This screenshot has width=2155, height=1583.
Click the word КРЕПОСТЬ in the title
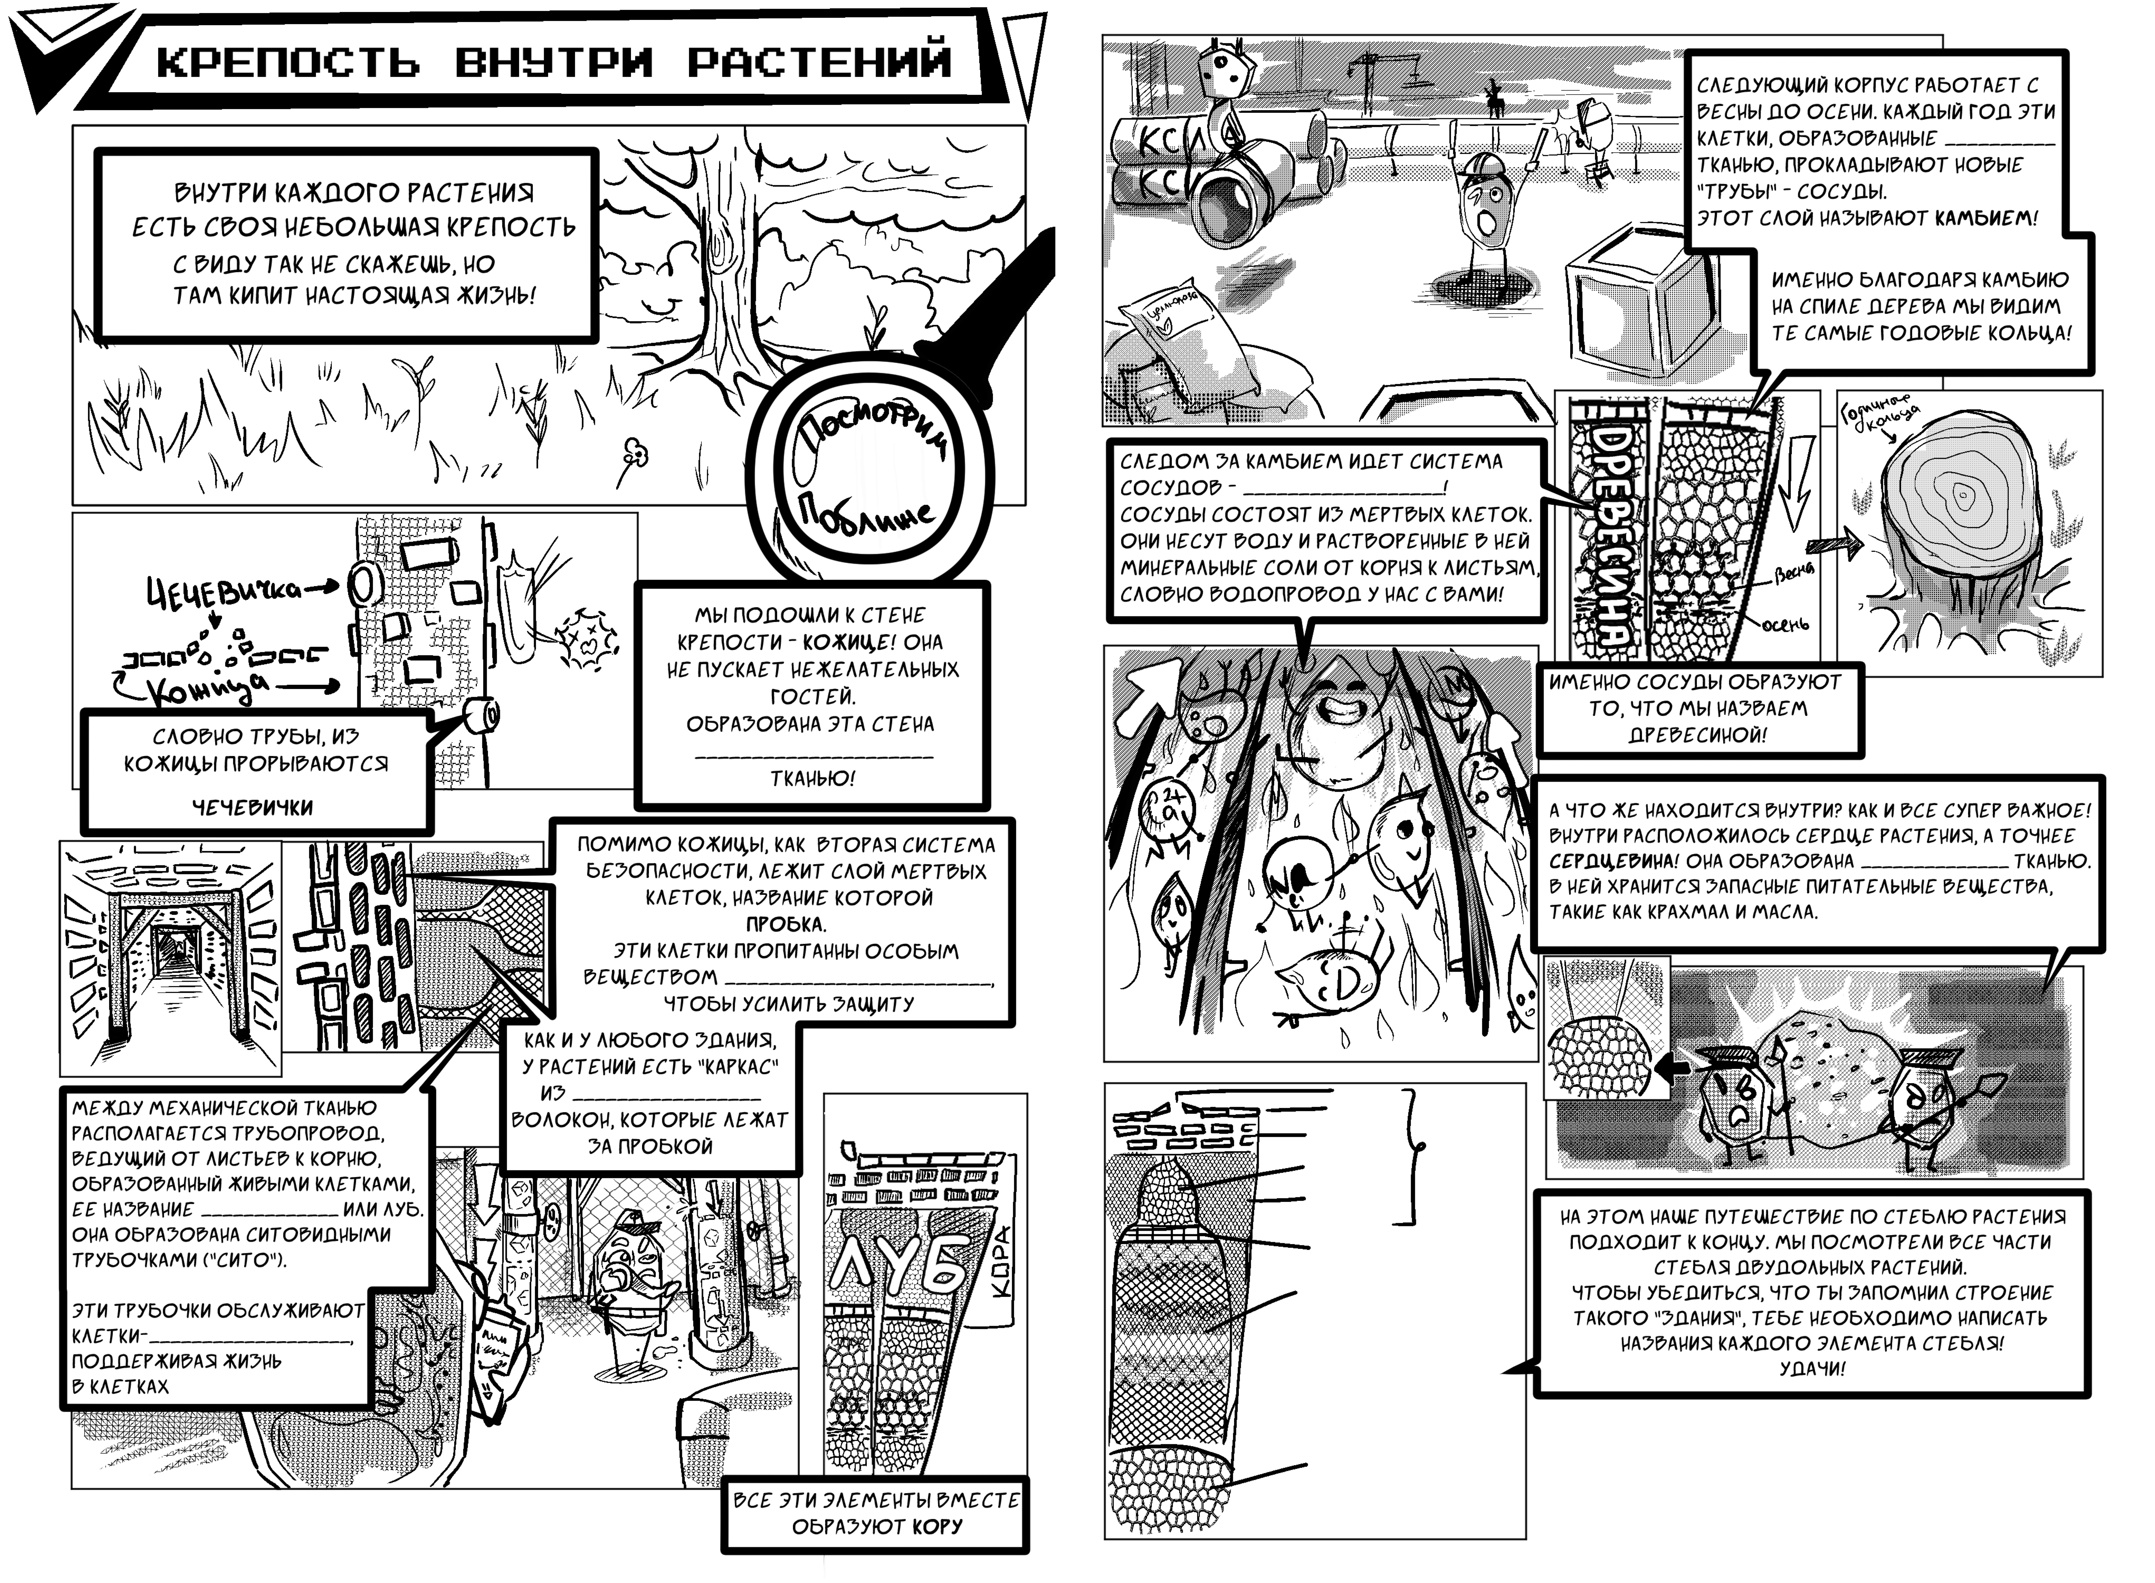pyautogui.click(x=288, y=62)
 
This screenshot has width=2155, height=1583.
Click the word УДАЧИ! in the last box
pyautogui.click(x=1812, y=1368)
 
